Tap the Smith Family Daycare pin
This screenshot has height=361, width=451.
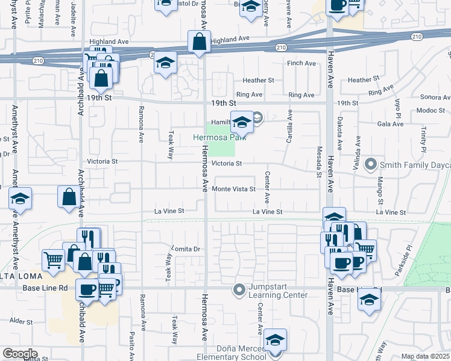[371, 164]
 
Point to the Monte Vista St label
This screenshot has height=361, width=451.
[234, 189]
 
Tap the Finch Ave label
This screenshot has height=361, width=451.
[302, 63]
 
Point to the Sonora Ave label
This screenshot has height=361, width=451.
[435, 97]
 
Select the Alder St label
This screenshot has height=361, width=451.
[20, 322]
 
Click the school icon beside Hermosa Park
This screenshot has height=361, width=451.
[242, 122]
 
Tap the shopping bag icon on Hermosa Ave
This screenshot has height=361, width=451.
[199, 42]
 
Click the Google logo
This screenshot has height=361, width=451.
[20, 354]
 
